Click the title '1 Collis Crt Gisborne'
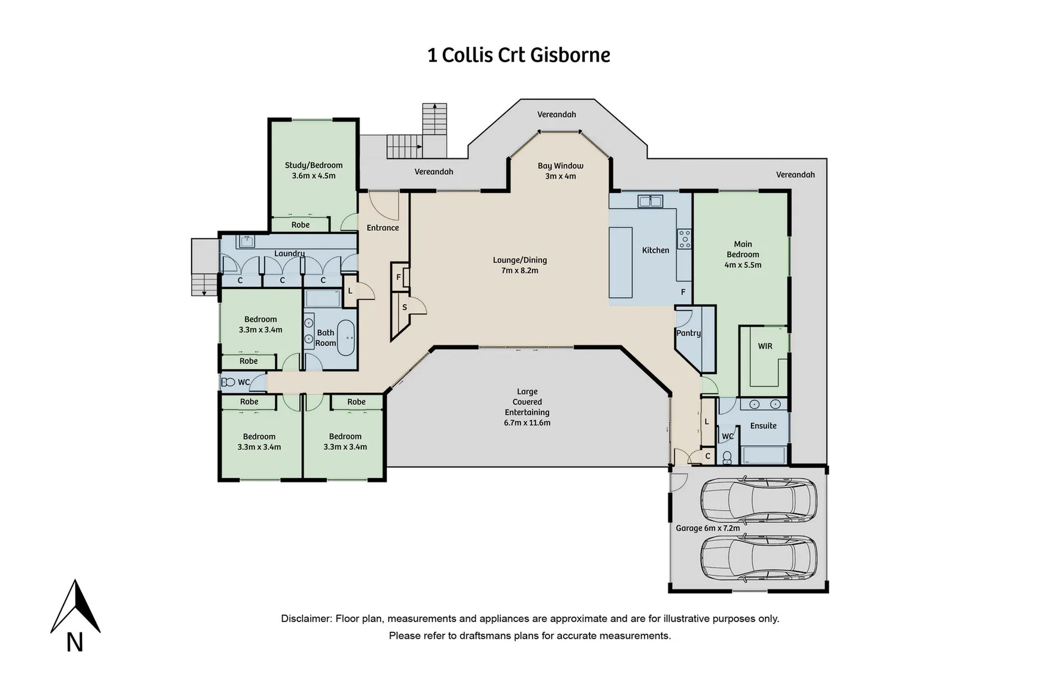click(518, 55)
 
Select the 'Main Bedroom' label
click(743, 249)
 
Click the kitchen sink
click(650, 201)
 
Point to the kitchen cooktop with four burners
click(684, 239)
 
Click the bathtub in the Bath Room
click(346, 338)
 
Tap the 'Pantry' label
click(689, 333)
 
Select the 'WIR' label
click(765, 346)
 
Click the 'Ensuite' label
click(763, 425)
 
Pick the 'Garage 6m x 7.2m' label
click(707, 528)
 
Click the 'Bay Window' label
click(560, 165)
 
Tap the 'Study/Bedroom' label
click(314, 165)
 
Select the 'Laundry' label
click(289, 254)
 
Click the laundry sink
click(246, 241)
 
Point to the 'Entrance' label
click(383, 227)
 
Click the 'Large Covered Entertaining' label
click(527, 402)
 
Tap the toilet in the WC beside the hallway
click(229, 383)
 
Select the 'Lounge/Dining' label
click(520, 260)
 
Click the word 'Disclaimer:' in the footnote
click(307, 619)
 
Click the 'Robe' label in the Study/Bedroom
click(301, 225)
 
